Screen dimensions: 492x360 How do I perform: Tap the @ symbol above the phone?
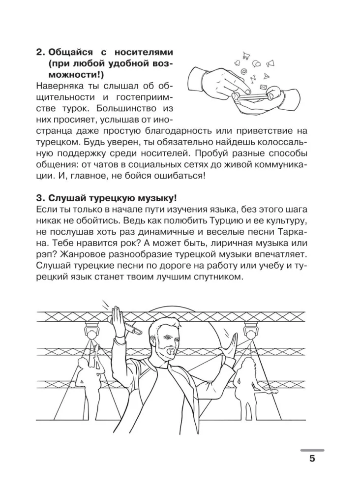click(243, 72)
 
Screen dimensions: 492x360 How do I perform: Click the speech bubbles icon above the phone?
click(256, 63)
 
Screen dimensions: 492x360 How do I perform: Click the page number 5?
click(312, 460)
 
